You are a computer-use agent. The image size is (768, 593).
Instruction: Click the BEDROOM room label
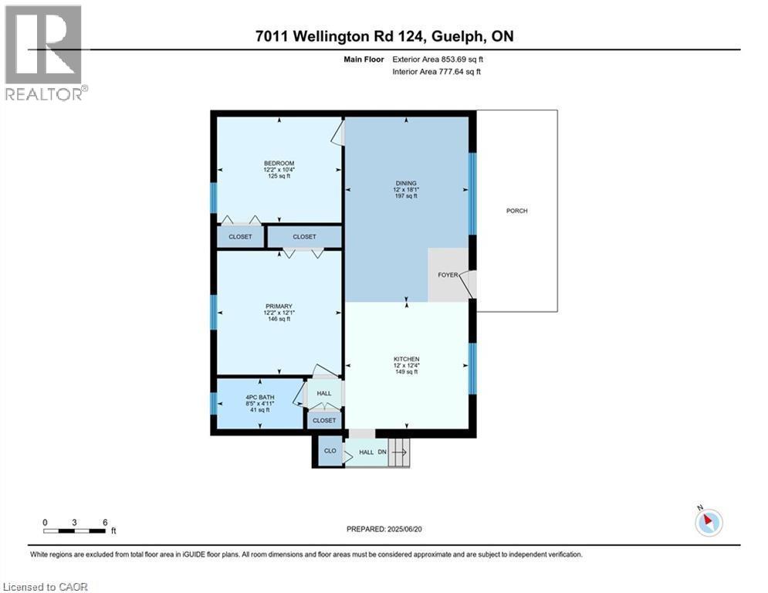[279, 163]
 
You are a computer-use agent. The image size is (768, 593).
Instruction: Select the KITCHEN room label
[406, 359]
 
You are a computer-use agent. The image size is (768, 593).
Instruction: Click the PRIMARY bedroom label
[279, 307]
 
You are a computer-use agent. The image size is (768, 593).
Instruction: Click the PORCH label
[516, 211]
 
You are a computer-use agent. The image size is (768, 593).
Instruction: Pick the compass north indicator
[708, 521]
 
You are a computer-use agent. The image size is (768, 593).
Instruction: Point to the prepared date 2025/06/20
[384, 529]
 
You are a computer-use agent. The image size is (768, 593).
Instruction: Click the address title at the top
[384, 36]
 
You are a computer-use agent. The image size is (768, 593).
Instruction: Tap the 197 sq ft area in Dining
[406, 196]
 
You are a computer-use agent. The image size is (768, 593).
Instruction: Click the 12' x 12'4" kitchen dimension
[406, 365]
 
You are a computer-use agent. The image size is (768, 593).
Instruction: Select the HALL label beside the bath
[324, 393]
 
